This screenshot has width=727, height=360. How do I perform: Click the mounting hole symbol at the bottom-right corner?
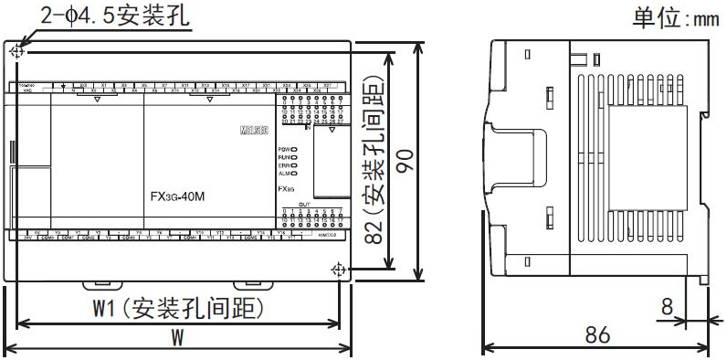coord(339,270)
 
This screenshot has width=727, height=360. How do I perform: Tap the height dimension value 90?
coord(411,161)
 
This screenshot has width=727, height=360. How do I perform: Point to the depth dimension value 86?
coord(596,334)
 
